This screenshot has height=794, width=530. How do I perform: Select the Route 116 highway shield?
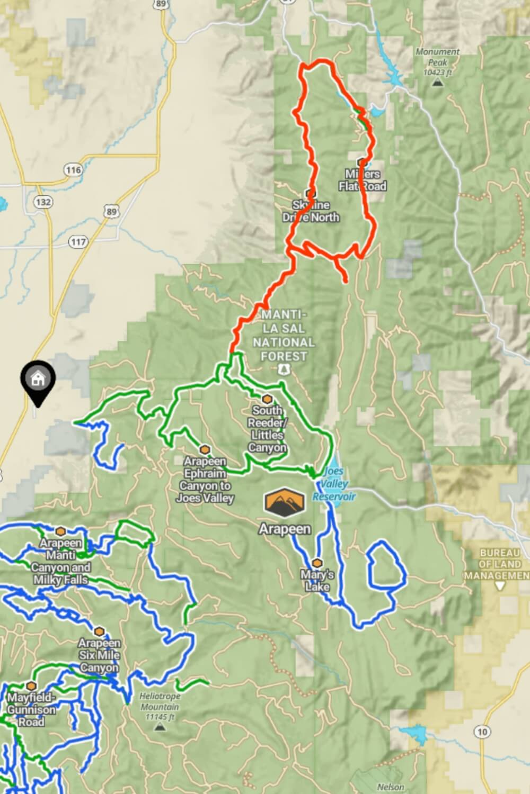click(73, 170)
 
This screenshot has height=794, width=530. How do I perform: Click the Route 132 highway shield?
click(43, 202)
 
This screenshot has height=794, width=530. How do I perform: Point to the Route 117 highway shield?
click(78, 242)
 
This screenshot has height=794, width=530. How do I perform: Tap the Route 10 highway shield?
click(481, 732)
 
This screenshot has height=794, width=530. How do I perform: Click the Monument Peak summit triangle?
click(437, 83)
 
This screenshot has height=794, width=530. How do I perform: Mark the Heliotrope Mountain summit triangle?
click(160, 727)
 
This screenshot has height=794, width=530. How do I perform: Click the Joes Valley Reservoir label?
click(334, 484)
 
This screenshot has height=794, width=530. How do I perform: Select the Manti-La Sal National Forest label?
click(284, 336)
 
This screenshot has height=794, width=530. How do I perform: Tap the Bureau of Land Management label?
click(498, 564)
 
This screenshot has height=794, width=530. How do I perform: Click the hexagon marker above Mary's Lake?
click(317, 563)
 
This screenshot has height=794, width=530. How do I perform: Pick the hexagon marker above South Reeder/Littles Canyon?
click(267, 399)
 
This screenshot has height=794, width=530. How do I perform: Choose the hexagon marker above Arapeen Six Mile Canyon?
click(99, 631)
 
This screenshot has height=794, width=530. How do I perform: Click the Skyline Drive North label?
click(311, 211)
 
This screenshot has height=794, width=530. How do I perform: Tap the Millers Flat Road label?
click(363, 180)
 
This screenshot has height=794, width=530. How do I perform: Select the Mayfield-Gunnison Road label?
click(31, 709)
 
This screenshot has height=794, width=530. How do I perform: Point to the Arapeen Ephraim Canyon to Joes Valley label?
click(205, 480)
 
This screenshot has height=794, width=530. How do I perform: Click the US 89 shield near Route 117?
click(111, 212)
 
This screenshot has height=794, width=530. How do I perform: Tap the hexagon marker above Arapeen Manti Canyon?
click(61, 531)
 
